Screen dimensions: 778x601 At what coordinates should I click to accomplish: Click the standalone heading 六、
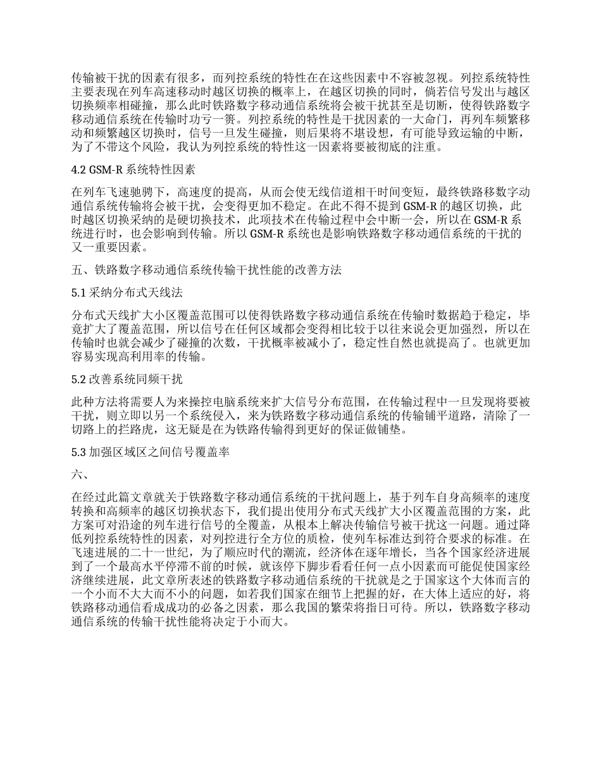pyautogui.click(x=80, y=474)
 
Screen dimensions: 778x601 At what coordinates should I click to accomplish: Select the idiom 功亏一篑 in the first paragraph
pyautogui.click(x=228, y=118)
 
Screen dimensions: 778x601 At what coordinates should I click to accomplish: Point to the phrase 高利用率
pyautogui.click(x=156, y=358)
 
